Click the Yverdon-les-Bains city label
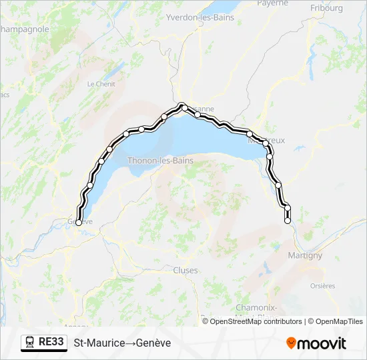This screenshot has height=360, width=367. pyautogui.click(x=200, y=17)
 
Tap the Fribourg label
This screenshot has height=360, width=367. pyautogui.click(x=326, y=8)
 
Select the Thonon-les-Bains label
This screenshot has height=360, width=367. pyautogui.click(x=160, y=161)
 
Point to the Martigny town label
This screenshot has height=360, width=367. pyautogui.click(x=304, y=255)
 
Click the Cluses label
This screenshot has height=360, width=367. pyautogui.click(x=185, y=271)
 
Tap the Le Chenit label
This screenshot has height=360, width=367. pyautogui.click(x=101, y=84)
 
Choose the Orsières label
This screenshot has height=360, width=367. pyautogui.click(x=323, y=285)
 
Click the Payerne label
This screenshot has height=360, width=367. pyautogui.click(x=274, y=3)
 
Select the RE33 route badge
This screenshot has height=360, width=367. pyautogui.click(x=51, y=342)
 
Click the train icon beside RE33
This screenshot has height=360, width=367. pyautogui.click(x=30, y=342)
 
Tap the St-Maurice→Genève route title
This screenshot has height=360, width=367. pyautogui.click(x=122, y=343)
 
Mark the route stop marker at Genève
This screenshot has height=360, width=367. pyautogui.click(x=79, y=223)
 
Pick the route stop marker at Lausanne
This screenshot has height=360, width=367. pyautogui.click(x=183, y=107)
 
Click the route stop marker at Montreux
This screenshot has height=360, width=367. pyautogui.click(x=266, y=143)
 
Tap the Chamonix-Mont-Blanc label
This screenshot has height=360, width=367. pyautogui.click(x=256, y=311)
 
